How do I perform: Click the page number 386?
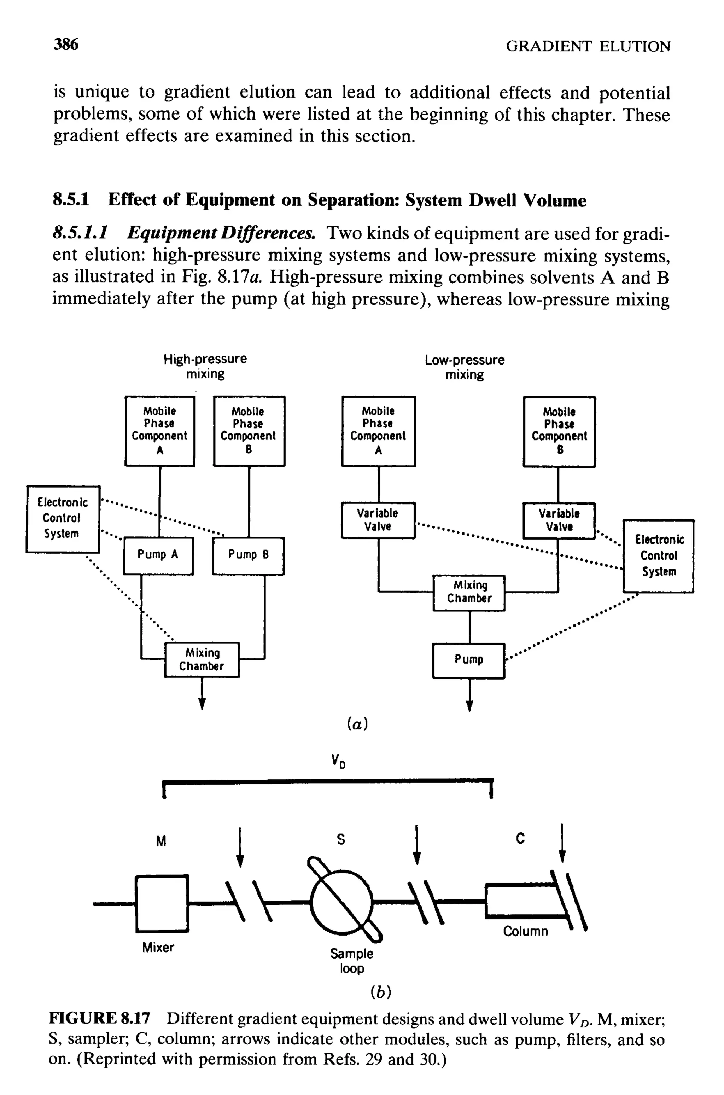coord(66,45)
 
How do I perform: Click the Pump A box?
coord(158,555)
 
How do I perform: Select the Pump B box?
coord(248,555)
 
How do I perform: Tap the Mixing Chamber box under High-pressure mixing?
coord(202,659)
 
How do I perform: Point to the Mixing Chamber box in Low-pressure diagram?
coord(469,593)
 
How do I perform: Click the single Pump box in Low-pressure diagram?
coord(469,660)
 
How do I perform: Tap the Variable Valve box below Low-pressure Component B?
coord(559,520)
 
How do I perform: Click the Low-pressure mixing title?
coord(465,367)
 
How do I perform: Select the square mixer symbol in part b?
coord(162,903)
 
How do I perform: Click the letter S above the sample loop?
coord(341,839)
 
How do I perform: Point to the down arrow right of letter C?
coord(562,843)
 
